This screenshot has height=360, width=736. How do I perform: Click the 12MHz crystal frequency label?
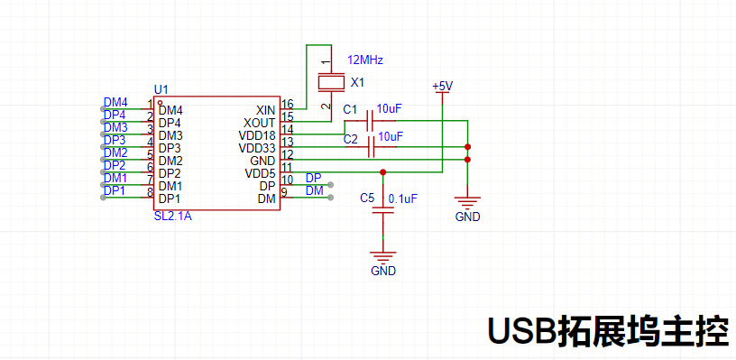tap(365, 60)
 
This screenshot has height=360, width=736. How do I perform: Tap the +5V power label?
tap(442, 87)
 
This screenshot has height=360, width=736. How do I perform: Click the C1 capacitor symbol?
tap(371, 120)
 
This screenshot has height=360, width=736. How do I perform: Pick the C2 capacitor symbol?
tap(372, 147)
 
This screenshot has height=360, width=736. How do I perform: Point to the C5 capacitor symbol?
tap(384, 210)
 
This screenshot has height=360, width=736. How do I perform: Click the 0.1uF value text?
tap(402, 198)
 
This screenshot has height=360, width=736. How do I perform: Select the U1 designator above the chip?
tap(161, 89)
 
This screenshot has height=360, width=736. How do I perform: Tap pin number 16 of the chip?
tap(287, 104)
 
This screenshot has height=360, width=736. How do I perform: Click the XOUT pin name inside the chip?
tap(260, 123)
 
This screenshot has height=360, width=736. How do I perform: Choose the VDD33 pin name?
tap(257, 148)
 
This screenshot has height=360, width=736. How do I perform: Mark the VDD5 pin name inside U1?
tap(261, 173)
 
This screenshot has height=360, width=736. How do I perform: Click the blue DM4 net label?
tap(115, 103)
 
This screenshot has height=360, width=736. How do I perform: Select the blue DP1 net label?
tap(115, 191)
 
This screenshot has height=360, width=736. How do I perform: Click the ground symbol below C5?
tap(384, 259)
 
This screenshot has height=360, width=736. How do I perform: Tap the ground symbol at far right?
tap(467, 206)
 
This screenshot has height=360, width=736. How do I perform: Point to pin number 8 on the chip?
tap(150, 192)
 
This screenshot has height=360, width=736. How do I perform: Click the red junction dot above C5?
tap(383, 171)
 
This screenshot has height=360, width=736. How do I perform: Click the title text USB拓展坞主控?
tap(608, 331)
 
